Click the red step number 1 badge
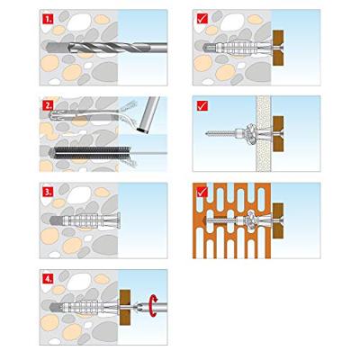coord(48,19)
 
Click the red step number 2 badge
coord(48,105)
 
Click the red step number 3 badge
coord(48,192)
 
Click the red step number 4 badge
coord(48,279)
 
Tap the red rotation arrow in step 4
coord(154,306)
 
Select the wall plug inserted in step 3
coord(85,221)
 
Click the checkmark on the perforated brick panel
coord(202,192)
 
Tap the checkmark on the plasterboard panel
coord(202,105)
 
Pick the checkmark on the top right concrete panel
coord(202,19)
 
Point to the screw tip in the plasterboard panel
coord(207,133)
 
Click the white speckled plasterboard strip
coord(264,133)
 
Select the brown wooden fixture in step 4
coord(125,307)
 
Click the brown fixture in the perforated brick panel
coord(278,220)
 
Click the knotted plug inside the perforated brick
coord(251,220)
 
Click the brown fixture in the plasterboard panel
coord(278,133)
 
